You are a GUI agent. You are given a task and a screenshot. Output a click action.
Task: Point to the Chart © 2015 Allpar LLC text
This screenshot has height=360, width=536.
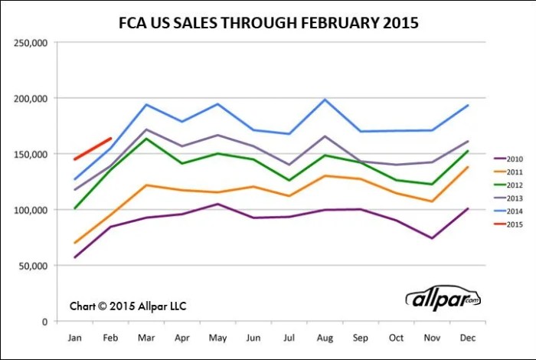(x=128, y=306)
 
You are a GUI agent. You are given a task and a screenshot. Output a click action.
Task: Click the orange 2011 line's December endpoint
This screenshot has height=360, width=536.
(x=466, y=167)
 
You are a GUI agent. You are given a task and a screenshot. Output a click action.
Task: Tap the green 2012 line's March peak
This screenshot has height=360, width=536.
(x=145, y=139)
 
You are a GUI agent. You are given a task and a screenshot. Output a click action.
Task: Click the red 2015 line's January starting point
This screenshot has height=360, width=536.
(x=75, y=159)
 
